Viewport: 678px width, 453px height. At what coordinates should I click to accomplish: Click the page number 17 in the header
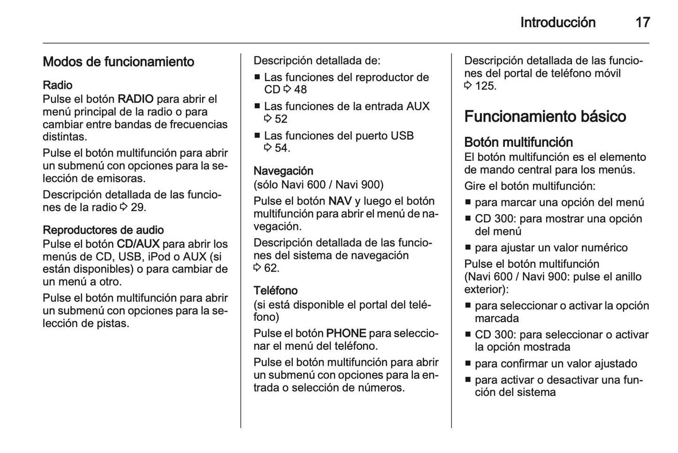coord(642,23)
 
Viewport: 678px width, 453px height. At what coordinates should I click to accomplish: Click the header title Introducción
coord(557,23)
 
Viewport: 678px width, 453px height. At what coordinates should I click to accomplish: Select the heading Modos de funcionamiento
coord(118,62)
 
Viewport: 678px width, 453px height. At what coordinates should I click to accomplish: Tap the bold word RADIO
coord(135,99)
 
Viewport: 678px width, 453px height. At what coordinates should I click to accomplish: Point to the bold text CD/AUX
coord(138,244)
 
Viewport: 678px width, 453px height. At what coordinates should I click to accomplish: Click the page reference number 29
coord(137,207)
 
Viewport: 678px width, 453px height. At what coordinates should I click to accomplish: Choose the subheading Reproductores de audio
coord(103,230)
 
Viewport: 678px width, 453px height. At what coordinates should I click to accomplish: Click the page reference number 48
coord(300,90)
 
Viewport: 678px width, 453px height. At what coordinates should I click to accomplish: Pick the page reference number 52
coord(281,119)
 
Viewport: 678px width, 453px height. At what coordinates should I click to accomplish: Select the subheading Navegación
coord(283,171)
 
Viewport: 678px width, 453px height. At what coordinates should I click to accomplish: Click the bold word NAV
coord(340,201)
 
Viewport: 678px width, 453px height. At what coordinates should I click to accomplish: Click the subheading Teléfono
coord(275,290)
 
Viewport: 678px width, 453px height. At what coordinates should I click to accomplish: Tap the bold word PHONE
coord(346,333)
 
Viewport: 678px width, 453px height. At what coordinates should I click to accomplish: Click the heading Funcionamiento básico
coord(545,116)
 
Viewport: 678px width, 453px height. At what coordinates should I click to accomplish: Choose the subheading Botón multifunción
coord(518,142)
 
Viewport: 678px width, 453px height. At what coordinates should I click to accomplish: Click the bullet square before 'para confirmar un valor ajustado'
coord(468,364)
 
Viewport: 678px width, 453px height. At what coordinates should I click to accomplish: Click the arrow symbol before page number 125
coord(468,86)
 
